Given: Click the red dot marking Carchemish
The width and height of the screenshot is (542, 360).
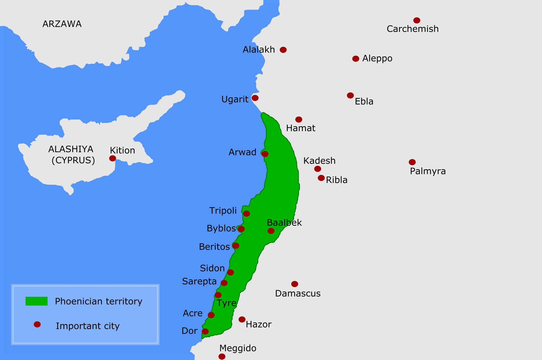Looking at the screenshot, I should (417, 20).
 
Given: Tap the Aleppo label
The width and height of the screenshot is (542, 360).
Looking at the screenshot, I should (377, 58).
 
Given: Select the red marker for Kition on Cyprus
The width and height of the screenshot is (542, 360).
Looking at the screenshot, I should (112, 158).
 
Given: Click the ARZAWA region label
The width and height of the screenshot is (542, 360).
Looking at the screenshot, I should (62, 24).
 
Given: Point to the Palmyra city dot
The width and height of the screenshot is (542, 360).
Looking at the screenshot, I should (412, 162).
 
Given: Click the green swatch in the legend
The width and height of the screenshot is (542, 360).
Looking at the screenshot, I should (37, 301).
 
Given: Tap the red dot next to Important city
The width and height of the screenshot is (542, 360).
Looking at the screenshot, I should (37, 324).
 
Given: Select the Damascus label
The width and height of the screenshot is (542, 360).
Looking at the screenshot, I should (298, 294).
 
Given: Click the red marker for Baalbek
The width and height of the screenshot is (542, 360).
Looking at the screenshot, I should (271, 231).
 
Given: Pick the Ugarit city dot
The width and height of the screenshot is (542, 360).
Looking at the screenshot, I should (255, 98).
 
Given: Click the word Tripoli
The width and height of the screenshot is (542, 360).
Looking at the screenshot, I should (223, 211).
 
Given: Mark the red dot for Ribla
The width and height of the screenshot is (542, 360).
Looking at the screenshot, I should (321, 178).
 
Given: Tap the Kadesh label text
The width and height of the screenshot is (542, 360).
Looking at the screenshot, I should (319, 161).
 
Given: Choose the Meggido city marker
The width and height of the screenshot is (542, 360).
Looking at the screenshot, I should (222, 357).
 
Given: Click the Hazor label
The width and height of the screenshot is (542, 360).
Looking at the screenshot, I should (259, 325).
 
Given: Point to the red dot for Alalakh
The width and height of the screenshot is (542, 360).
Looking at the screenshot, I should (283, 50).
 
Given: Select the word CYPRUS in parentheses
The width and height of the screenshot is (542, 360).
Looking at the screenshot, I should (73, 161).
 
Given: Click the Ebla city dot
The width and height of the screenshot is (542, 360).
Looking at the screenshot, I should (350, 95).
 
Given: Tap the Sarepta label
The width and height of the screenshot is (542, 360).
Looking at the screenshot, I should (199, 281).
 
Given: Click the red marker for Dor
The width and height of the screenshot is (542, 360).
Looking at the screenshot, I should (205, 331).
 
